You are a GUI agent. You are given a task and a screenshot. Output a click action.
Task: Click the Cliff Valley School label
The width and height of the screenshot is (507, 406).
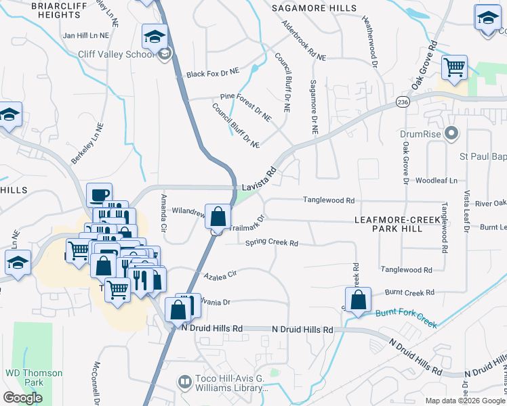pos(117,55)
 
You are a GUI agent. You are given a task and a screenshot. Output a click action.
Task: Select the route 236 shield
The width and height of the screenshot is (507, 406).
pos(403,101)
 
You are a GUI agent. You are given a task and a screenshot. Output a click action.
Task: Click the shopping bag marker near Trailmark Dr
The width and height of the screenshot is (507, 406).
pos(218,218)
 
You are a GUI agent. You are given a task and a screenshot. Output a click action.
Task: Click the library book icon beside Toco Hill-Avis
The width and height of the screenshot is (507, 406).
pos(184,382)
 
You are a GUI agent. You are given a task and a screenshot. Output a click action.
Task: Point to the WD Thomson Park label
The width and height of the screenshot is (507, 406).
pos(34,378)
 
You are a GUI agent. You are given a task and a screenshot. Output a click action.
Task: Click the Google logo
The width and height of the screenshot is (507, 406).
pos(22,398)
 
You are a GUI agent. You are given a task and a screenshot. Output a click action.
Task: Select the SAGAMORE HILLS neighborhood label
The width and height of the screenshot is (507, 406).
pos(314,7)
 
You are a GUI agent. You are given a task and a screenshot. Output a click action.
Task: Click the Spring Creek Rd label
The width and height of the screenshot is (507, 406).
pos(272,242)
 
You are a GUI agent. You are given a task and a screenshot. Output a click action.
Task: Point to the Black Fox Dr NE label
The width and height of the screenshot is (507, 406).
pos(213,72)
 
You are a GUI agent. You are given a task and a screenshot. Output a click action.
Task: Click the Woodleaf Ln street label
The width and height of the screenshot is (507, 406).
pos(437,181)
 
